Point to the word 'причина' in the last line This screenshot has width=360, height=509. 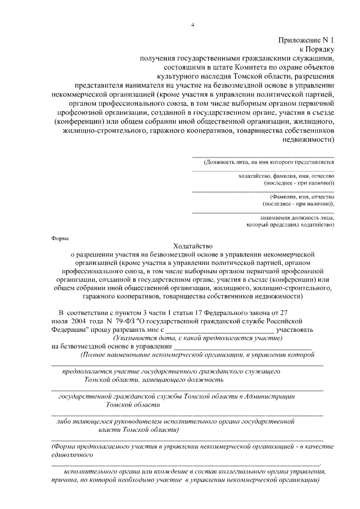(62, 481)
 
